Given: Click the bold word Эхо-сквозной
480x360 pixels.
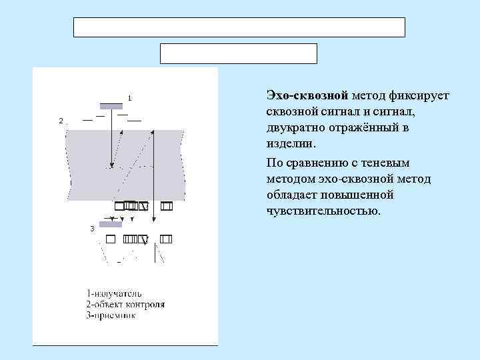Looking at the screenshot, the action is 300,96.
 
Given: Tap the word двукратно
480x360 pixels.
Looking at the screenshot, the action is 296,128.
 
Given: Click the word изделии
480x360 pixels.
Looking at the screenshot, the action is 287,144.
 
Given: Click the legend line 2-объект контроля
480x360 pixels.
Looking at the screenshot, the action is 125,305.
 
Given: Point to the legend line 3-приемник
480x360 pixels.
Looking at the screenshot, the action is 111,315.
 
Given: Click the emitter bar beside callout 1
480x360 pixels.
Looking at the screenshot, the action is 111,105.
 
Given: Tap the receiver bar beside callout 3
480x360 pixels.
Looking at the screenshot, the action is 110,225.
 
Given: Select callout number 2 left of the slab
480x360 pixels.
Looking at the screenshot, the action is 61,121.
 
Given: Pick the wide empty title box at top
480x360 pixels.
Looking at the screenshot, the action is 238,27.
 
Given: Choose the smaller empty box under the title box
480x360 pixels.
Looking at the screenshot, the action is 238,53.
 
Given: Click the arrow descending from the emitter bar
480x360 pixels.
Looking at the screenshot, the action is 112,140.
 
